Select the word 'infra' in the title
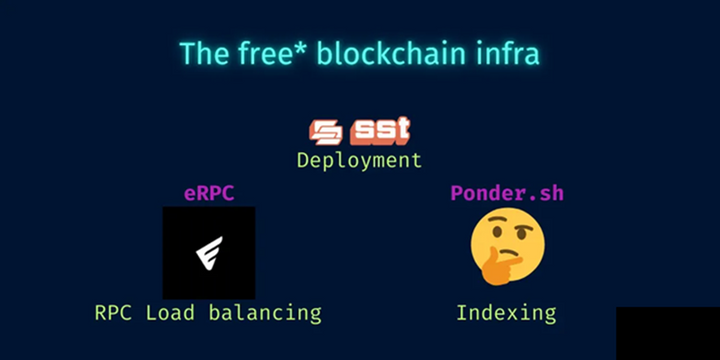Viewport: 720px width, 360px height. pos(508,53)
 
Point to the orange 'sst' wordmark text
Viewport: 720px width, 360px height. pos(380,130)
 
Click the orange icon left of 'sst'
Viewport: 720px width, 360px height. pos(326,131)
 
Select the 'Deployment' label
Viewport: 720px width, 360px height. pos(359,159)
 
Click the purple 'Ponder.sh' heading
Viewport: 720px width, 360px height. pos(507,193)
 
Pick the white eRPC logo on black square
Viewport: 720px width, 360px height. pos(208,253)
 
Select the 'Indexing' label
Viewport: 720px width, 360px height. pos(506,312)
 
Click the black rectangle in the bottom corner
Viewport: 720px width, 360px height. pos(667,333)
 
